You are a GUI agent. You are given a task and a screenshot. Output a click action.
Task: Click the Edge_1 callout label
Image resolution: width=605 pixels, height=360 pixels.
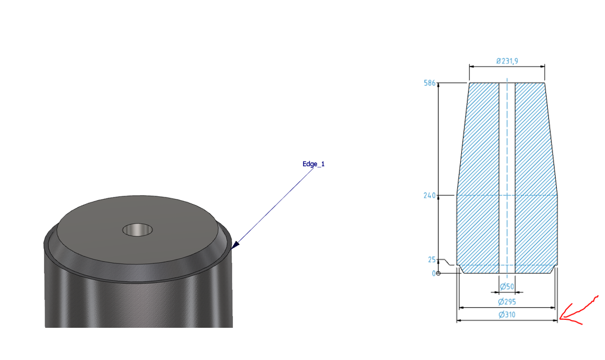[x=313, y=164]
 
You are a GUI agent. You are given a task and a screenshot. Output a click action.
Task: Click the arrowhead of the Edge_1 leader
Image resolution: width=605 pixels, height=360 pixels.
[x=234, y=247]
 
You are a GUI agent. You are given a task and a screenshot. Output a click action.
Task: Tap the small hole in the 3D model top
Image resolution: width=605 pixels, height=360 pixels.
[x=137, y=230]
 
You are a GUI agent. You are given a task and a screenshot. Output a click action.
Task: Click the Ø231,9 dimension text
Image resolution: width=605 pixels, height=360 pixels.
[x=507, y=61]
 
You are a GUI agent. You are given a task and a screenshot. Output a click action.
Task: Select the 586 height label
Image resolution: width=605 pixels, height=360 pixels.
[x=429, y=83]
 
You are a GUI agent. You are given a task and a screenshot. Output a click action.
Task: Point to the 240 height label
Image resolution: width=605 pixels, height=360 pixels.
[x=429, y=196]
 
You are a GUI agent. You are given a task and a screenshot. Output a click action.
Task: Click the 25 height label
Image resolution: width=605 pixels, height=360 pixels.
[x=432, y=260]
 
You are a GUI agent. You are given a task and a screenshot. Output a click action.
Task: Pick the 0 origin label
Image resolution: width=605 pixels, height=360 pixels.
[x=434, y=273]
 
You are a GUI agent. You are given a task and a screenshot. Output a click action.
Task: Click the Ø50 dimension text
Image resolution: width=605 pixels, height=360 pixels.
[x=507, y=287]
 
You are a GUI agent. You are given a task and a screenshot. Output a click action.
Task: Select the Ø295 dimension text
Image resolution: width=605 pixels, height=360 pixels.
[x=507, y=302]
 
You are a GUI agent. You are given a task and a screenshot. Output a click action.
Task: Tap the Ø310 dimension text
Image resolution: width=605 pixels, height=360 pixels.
[x=507, y=315]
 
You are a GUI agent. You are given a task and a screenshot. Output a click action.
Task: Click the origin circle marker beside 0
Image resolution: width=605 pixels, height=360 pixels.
[x=439, y=273]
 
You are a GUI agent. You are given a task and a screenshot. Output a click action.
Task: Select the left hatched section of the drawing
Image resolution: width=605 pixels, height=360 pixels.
[x=478, y=177]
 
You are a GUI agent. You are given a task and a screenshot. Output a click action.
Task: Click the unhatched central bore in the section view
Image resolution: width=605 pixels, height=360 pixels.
[x=507, y=177]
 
